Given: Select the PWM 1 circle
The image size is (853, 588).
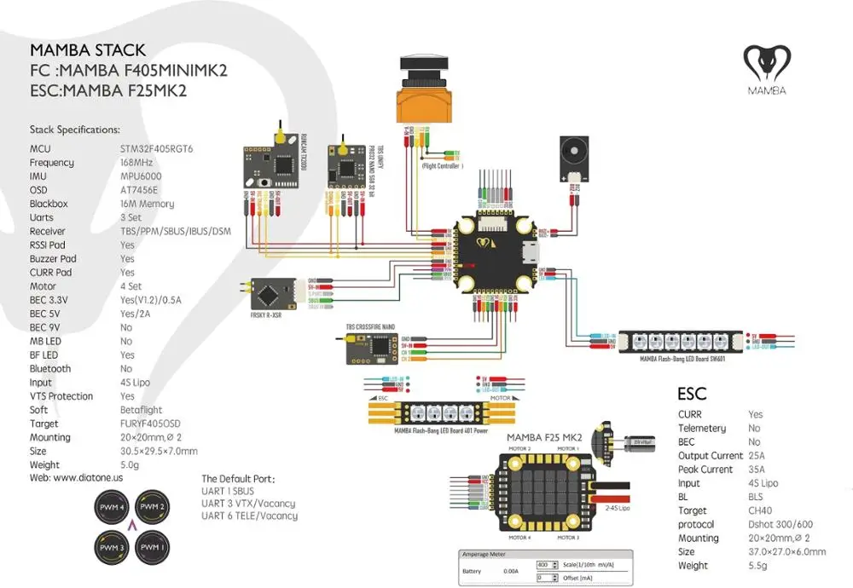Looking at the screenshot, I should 154,545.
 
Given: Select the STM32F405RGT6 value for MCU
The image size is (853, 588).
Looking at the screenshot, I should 157,148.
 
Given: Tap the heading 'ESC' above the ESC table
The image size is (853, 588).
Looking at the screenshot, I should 692,395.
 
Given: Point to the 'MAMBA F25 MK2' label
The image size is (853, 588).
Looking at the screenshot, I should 538,437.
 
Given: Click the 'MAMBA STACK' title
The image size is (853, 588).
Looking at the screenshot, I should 88,50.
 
